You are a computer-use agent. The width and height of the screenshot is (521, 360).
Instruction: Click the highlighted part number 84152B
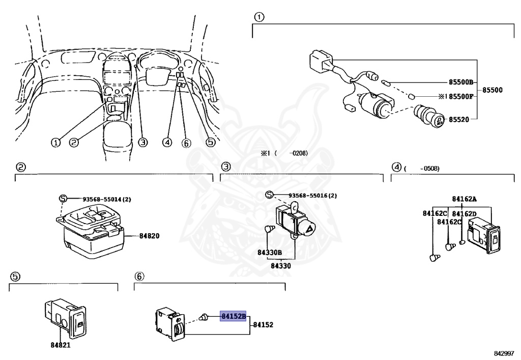click(x=233, y=316)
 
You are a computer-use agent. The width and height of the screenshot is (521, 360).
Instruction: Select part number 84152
click(x=264, y=324)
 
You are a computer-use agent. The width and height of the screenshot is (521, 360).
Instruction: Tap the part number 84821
click(x=60, y=345)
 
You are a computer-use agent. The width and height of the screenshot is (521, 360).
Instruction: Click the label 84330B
click(x=270, y=253)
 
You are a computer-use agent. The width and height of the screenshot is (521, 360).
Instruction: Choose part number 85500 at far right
click(x=492, y=90)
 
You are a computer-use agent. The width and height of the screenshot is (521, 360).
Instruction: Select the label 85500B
click(x=461, y=82)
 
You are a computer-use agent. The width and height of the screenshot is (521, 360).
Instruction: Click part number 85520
click(x=460, y=120)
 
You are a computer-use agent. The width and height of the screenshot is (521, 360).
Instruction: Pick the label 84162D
click(x=464, y=214)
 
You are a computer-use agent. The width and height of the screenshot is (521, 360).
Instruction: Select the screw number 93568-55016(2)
click(x=312, y=196)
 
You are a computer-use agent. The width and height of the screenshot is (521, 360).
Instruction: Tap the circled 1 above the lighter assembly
click(x=258, y=18)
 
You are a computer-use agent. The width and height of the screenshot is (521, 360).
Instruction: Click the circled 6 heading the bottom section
click(x=139, y=276)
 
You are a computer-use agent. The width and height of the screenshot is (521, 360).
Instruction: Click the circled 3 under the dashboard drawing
click(x=143, y=143)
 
